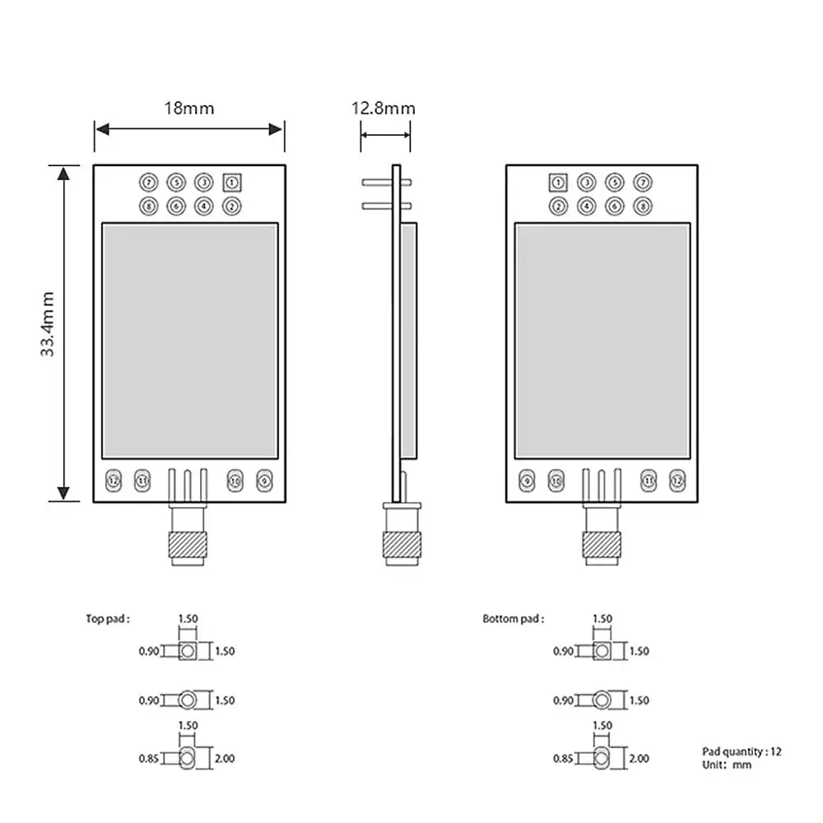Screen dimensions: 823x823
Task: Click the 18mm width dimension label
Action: click(188, 108)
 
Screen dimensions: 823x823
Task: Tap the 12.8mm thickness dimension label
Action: click(384, 108)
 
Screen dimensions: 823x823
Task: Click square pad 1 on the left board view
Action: click(232, 182)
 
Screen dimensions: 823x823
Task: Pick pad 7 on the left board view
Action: click(149, 182)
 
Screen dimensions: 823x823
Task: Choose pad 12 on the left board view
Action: click(114, 480)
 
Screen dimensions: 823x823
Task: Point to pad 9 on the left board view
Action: click(263, 480)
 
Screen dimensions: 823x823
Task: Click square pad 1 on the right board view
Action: click(559, 182)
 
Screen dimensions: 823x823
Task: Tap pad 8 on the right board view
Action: click(642, 206)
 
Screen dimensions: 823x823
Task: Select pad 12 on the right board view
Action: click(677, 480)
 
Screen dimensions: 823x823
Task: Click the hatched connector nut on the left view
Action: click(187, 544)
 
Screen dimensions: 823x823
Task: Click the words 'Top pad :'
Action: click(108, 619)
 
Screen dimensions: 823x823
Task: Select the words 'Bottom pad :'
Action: click(513, 619)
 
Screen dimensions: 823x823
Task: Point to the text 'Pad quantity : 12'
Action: click(742, 751)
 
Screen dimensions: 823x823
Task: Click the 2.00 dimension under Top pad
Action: click(225, 758)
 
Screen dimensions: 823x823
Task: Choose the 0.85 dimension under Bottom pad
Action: click(563, 758)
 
